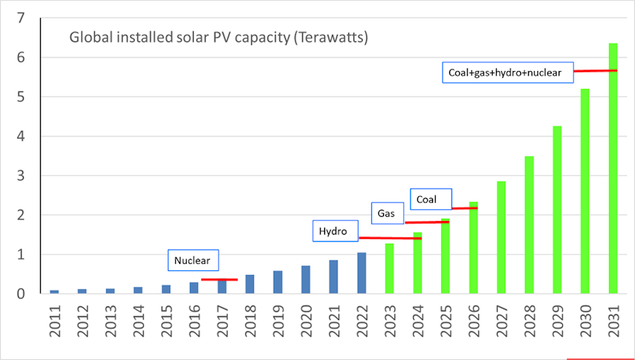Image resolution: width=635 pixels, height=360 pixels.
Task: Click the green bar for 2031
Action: (x=613, y=168)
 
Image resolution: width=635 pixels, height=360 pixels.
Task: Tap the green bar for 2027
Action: (x=501, y=237)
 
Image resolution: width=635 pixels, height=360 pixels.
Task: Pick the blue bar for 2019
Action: (x=277, y=282)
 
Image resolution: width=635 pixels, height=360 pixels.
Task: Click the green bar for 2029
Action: (x=557, y=210)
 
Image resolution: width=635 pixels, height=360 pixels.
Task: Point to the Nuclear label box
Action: (x=193, y=260)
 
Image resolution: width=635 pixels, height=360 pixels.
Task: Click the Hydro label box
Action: (x=335, y=231)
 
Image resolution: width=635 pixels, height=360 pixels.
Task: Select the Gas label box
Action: (x=387, y=213)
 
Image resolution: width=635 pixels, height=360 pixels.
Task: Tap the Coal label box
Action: (x=431, y=199)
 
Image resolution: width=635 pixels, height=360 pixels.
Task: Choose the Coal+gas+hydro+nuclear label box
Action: (x=506, y=72)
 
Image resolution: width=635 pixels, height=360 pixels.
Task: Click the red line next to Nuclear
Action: (x=219, y=279)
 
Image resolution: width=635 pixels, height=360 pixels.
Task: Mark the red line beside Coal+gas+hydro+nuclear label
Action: (x=595, y=70)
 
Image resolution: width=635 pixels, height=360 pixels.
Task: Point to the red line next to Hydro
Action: (x=390, y=238)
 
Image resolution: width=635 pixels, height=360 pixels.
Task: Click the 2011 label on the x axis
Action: (x=55, y=320)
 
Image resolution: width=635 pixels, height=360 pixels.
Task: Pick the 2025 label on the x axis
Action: (x=446, y=320)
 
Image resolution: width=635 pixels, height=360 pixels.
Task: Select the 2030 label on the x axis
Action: (x=585, y=320)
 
